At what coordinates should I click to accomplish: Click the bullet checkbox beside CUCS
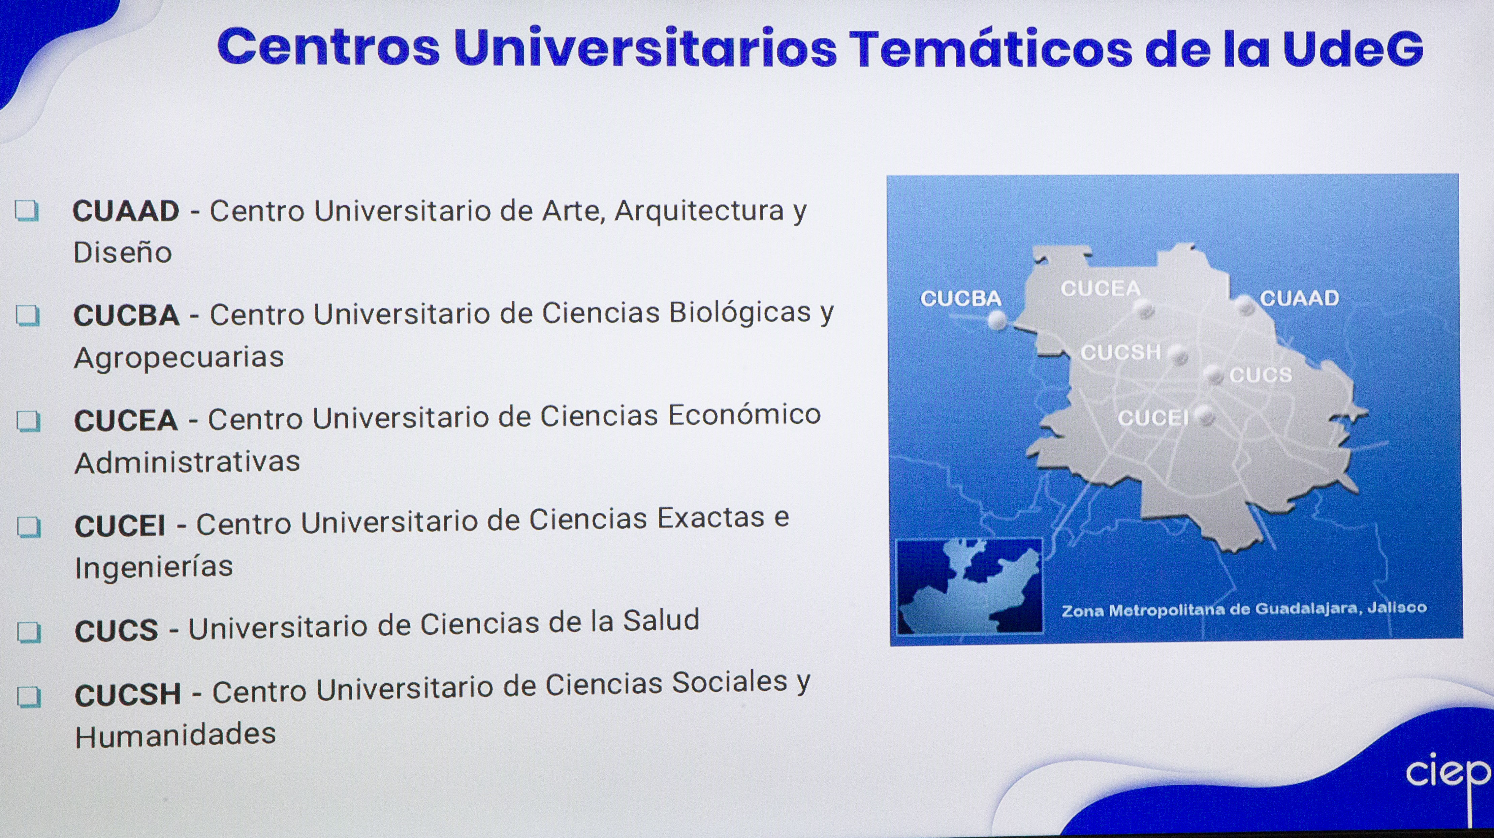tap(29, 632)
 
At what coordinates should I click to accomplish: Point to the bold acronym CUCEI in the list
tap(120, 526)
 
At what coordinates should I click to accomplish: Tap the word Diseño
tap(122, 252)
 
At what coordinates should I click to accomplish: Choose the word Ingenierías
tap(154, 567)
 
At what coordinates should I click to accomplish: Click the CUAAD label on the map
tap(1300, 298)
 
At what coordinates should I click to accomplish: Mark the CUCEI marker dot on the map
tap(1205, 416)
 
